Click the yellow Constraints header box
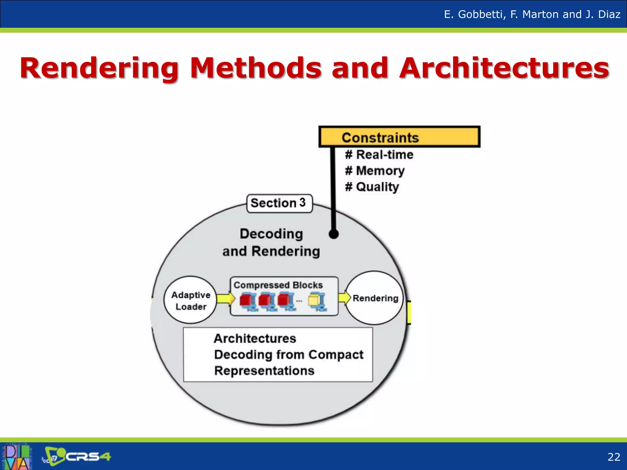pyautogui.click(x=399, y=137)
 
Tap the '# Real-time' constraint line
pyautogui.click(x=379, y=155)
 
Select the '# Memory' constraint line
pyautogui.click(x=375, y=171)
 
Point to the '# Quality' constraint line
pyautogui.click(x=372, y=187)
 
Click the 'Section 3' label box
pyautogui.click(x=279, y=203)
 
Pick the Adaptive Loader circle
pyautogui.click(x=191, y=300)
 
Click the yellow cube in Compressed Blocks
pyautogui.click(x=314, y=300)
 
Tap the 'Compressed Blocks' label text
pyautogui.click(x=278, y=285)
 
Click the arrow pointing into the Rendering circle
pyautogui.click(x=344, y=297)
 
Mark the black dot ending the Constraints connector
pyautogui.click(x=333, y=234)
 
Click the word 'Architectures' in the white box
pyautogui.click(x=255, y=338)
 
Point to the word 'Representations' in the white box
pyautogui.click(x=264, y=371)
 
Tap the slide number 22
pyautogui.click(x=614, y=457)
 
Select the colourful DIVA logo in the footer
pyautogui.click(x=17, y=457)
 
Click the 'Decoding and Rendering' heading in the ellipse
pyautogui.click(x=271, y=242)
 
